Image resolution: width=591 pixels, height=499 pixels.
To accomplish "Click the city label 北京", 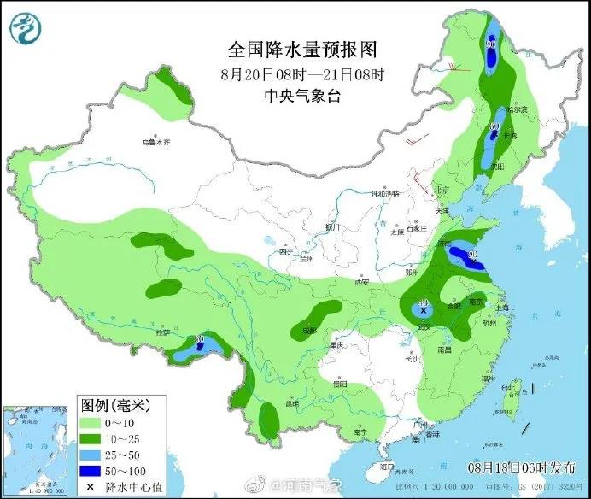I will pyautogui.click(x=441, y=191).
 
